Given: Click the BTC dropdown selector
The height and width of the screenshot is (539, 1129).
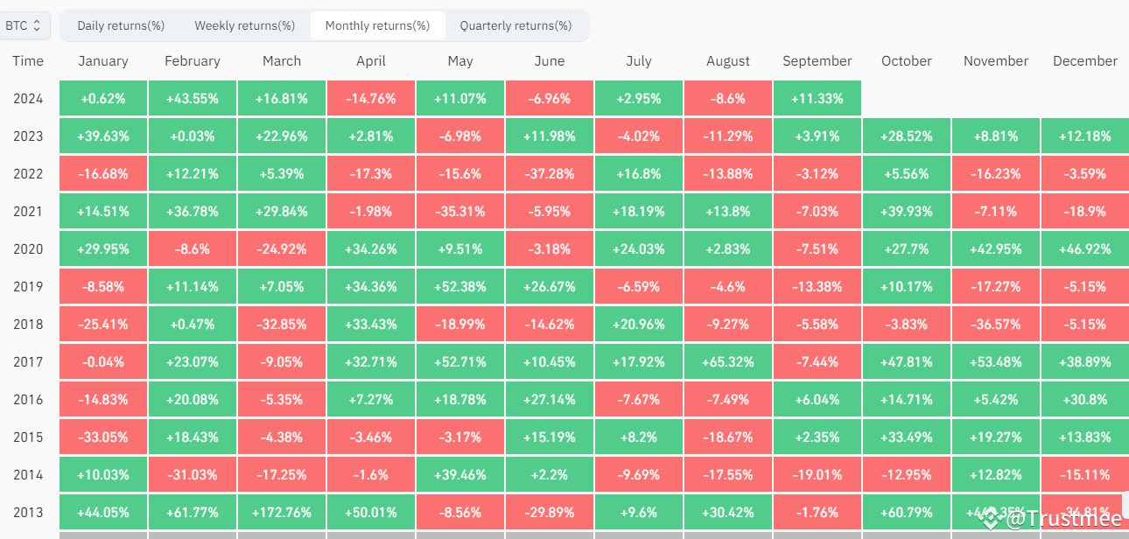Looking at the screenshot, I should (x=24, y=26).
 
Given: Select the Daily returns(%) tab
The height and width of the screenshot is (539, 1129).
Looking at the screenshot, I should (x=121, y=26).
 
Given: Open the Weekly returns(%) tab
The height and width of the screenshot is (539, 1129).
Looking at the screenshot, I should (x=244, y=26).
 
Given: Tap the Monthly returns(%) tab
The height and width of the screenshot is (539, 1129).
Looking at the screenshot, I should (x=377, y=26).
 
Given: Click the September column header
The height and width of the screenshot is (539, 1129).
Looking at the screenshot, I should (x=817, y=61).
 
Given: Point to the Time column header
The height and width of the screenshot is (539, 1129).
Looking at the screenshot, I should (x=28, y=61).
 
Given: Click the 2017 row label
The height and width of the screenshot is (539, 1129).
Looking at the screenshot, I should (x=28, y=361).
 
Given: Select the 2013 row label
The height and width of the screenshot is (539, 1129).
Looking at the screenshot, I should (x=28, y=512).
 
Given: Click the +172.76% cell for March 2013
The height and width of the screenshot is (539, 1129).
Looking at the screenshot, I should (x=281, y=512).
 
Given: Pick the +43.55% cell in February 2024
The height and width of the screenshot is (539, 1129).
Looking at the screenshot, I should (x=193, y=99).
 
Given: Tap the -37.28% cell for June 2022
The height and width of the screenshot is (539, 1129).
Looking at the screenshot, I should (x=549, y=174).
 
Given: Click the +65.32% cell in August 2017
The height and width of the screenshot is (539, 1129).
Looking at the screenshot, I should (x=727, y=361).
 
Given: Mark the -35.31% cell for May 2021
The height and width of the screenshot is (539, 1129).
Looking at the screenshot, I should (x=459, y=212).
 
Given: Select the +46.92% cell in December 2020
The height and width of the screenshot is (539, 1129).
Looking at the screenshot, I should (x=1084, y=249).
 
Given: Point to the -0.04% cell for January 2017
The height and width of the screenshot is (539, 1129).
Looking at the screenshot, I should (x=103, y=361).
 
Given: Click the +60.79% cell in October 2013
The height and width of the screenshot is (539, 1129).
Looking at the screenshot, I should (x=906, y=512).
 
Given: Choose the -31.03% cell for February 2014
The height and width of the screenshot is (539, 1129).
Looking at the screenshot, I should (x=193, y=474).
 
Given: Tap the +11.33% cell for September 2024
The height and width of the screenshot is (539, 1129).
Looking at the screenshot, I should (x=817, y=99).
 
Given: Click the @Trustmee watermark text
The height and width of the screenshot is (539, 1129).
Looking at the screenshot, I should (x=1063, y=521).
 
